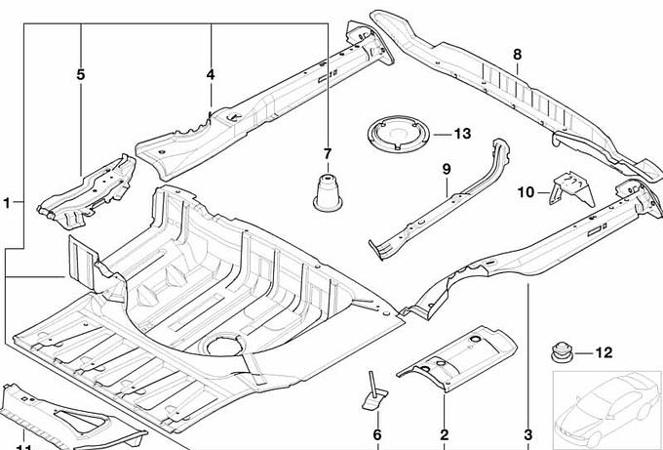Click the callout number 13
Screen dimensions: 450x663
pos(461,134)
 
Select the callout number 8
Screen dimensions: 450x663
pos(517,54)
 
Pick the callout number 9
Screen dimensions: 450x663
pos(447,169)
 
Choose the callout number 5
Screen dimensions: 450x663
pos(81,74)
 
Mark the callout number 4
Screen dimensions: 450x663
pos(211,74)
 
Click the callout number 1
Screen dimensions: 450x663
pos(8,203)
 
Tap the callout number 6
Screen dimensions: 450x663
pos(376,434)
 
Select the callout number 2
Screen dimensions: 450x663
pos(444,434)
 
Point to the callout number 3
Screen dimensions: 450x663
pos(528,434)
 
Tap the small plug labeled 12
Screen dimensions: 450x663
pos(563,352)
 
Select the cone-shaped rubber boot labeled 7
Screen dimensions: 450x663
pos(328,190)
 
